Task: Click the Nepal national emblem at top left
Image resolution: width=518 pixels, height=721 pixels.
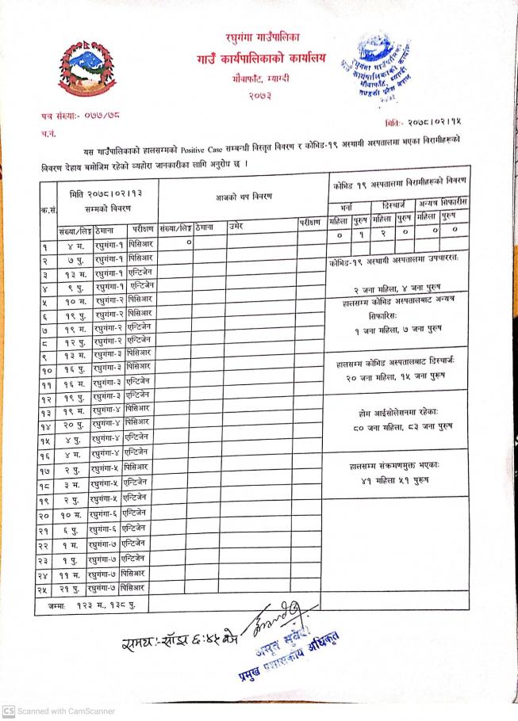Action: [86, 67]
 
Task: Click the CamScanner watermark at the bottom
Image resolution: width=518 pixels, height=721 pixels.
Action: [59, 711]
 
